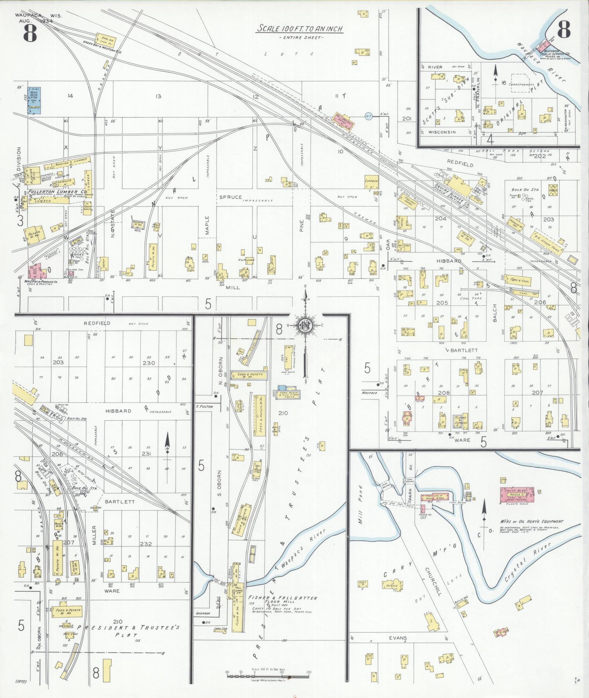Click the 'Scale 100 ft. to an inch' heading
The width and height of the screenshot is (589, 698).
tap(299, 28)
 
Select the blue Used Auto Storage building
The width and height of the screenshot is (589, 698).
tap(35, 99)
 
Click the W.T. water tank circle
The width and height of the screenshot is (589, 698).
tap(368, 116)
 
